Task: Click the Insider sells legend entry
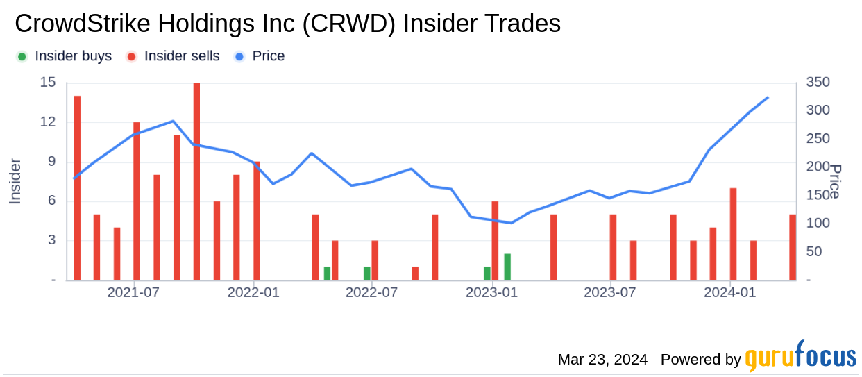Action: point(174,56)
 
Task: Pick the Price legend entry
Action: point(260,56)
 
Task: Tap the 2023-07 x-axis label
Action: point(611,292)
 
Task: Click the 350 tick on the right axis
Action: point(818,83)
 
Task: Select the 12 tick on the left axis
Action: point(48,122)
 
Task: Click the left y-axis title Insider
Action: point(15,181)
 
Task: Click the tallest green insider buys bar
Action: point(507,267)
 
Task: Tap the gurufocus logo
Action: point(801,357)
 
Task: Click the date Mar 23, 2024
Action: point(602,360)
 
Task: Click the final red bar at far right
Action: point(793,247)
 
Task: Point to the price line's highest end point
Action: point(768,97)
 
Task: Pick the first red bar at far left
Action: point(77,188)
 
